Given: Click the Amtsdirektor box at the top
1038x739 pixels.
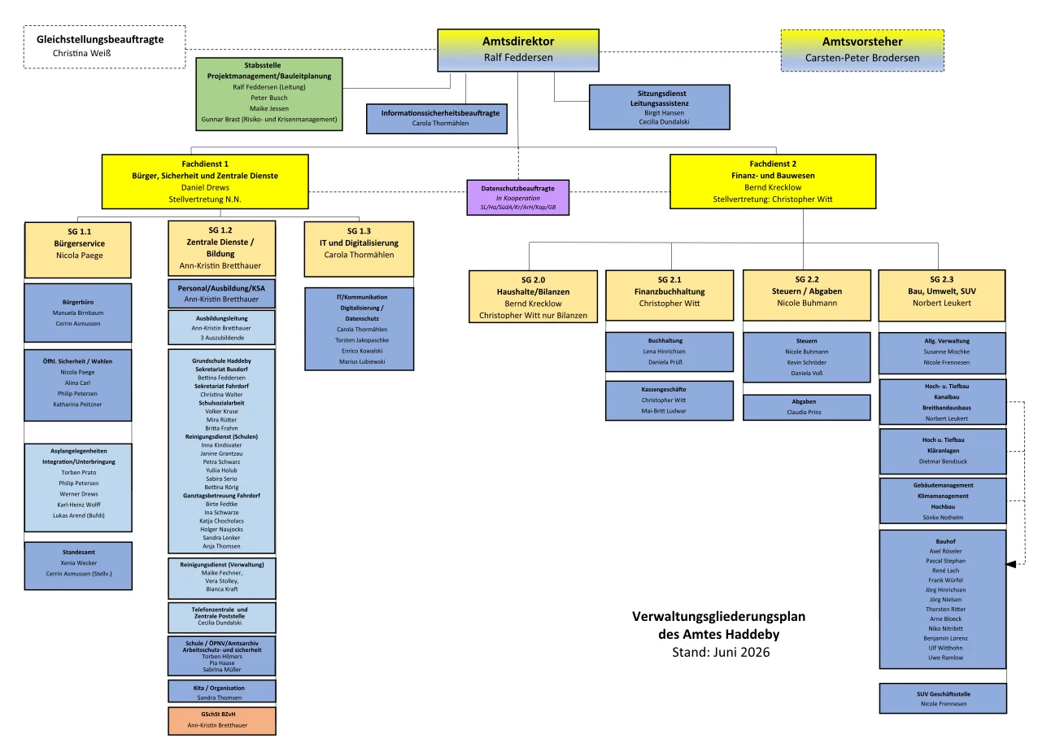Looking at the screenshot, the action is pos(518,50).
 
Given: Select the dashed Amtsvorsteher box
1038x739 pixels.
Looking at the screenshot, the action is pos(862,50).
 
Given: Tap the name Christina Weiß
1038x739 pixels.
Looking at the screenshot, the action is pos(81,54).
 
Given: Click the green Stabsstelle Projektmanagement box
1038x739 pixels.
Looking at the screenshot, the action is pos(268,94).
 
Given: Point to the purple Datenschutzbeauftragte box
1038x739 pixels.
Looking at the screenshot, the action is pos(518,198).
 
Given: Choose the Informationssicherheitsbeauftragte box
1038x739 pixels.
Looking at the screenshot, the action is pos(437,119).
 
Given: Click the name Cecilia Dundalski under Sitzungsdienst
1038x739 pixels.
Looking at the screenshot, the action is pos(664,122).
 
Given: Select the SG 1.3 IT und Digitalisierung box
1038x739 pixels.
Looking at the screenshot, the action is pos(359,249).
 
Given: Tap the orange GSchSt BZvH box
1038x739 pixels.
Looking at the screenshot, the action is pos(222,720).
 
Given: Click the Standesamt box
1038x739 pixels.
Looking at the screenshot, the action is pos(78,566).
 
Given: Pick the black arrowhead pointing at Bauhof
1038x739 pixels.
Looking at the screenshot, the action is pos(1010,564).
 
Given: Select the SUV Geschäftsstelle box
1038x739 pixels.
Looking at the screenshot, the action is pos(943,698).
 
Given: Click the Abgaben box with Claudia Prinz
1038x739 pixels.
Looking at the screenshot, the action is pos(807,408).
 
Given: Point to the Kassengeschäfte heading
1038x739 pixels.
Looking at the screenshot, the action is pos(664,389).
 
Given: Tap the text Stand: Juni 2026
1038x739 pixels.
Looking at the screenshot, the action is pos(721,652).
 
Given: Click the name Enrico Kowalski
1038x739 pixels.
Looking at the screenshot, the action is pos(362,351).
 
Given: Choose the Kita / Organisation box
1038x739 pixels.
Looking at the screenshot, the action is pos(222,691).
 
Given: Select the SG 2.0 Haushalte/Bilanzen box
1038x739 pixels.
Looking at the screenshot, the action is pos(533,297).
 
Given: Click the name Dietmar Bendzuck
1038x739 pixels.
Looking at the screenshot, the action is pos(943,461).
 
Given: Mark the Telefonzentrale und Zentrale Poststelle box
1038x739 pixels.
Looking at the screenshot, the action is pos(222,618).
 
